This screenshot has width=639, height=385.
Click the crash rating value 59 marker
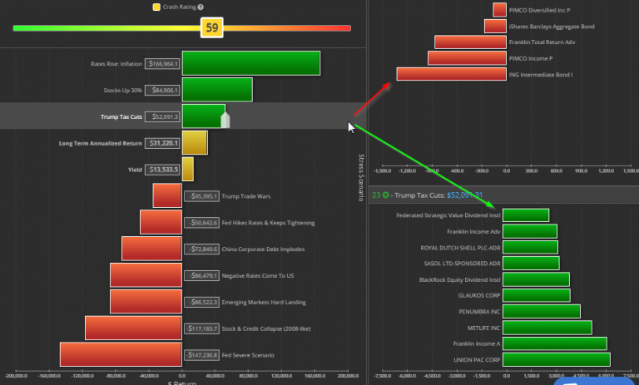(x=212, y=28)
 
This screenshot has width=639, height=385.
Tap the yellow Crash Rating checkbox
(x=156, y=7)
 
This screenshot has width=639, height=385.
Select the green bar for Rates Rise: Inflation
(x=250, y=63)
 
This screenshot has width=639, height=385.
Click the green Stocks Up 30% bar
(x=216, y=90)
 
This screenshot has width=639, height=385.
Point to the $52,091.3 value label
(x=162, y=116)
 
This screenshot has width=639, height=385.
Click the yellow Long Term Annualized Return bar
(x=195, y=143)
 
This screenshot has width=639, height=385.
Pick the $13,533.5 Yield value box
(x=162, y=170)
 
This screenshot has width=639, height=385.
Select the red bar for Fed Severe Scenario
(x=121, y=355)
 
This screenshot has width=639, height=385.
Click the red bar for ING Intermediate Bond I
(x=450, y=74)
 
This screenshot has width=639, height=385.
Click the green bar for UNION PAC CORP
(x=557, y=359)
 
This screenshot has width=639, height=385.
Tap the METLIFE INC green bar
(x=548, y=328)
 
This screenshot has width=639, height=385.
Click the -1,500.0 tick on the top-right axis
(x=383, y=171)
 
